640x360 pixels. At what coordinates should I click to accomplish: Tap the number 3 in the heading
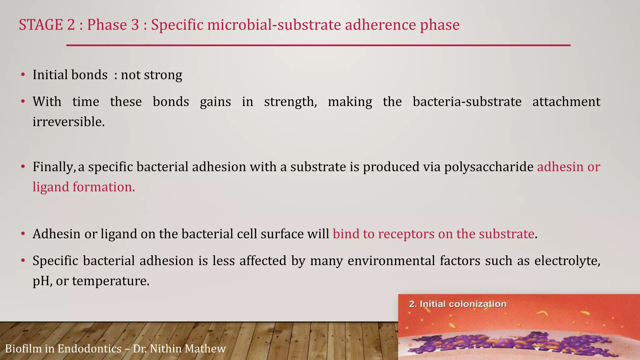[x=135, y=25]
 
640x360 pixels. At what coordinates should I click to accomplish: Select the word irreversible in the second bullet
[x=68, y=122]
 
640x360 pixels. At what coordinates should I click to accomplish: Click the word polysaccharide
[x=488, y=167]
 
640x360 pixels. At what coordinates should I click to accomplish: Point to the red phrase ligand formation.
[x=83, y=187]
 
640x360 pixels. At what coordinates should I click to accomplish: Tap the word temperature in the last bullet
[x=110, y=281]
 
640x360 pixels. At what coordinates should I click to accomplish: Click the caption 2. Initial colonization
[x=457, y=304]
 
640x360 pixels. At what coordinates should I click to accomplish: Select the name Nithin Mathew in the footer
[x=187, y=348]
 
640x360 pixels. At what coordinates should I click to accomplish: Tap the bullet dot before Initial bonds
[x=23, y=75]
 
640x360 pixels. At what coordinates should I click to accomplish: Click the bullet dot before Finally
[x=23, y=167]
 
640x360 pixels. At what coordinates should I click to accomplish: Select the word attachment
[x=566, y=102]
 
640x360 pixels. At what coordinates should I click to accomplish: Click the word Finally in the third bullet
[x=53, y=167]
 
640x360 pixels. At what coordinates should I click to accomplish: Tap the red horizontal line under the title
[x=318, y=46]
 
